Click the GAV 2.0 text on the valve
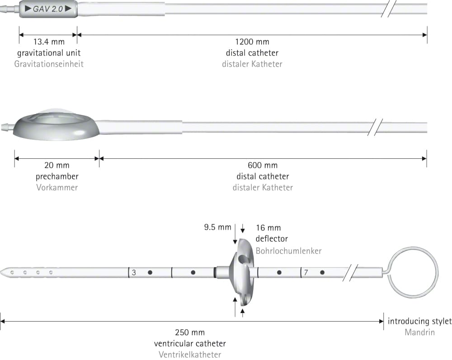point(48,9)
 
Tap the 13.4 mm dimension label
point(49,42)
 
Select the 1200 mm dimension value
point(252,42)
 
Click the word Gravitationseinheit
point(49,64)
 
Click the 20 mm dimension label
point(57,165)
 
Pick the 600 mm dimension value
point(263,165)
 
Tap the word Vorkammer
point(57,188)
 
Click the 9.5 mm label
point(218,227)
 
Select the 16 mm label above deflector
point(268,228)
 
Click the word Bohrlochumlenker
point(288,251)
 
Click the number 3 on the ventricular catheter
point(134,273)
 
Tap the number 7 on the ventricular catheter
point(306,273)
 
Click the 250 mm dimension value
point(190,332)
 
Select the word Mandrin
point(420,332)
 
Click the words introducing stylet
point(420,322)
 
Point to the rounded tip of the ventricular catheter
point(2,272)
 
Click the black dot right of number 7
point(322,272)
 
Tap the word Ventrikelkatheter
point(190,355)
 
